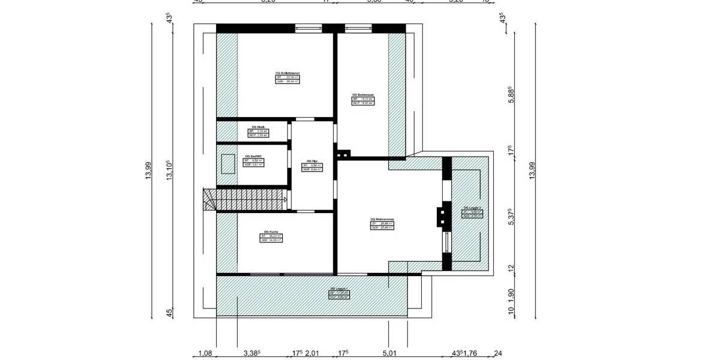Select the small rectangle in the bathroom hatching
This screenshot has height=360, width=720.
[x=228, y=163]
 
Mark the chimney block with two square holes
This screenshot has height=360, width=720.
[x=343, y=154]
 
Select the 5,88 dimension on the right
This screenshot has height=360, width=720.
[x=511, y=96]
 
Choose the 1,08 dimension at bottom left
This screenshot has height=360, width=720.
[x=206, y=353]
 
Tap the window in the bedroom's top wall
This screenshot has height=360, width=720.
[x=308, y=28]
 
